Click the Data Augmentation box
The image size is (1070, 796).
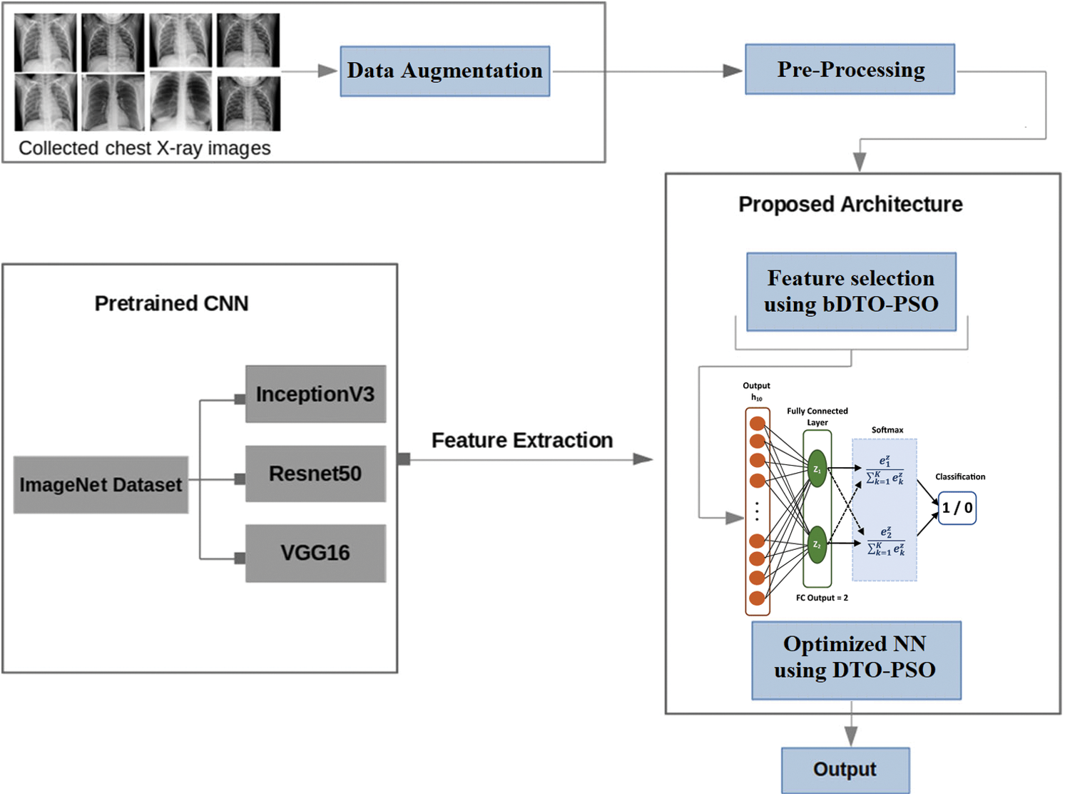pos(444,71)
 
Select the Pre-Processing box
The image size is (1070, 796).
pos(850,69)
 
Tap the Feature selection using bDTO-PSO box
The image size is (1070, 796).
pos(851,292)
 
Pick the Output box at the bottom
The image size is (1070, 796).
pos(845,770)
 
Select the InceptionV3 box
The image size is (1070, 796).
pos(315,394)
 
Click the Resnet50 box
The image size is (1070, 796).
pos(315,474)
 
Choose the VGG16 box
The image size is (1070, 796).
pos(315,553)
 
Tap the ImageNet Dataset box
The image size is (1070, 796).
pos(101,485)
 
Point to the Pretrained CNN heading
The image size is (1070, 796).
pos(171,304)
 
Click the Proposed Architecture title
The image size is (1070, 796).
pos(850,205)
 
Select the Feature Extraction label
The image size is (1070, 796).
pos(522,441)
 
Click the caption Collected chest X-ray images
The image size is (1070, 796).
pos(145,148)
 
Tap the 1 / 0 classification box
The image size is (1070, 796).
pos(957,508)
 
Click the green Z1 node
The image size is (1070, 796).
pos(817,469)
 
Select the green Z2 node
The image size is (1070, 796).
pos(817,545)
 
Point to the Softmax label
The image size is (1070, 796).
pos(887,430)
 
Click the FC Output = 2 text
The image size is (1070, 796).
pos(822,598)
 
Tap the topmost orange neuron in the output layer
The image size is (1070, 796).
pos(758,424)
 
